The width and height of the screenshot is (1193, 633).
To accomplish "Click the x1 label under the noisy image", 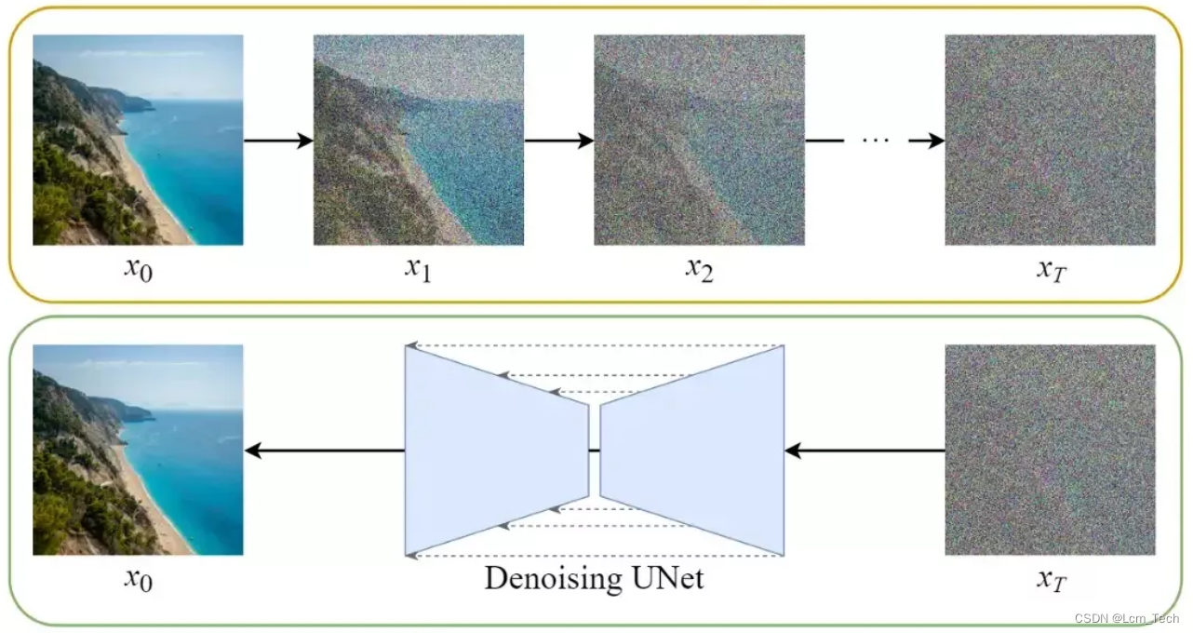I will tap(418, 269).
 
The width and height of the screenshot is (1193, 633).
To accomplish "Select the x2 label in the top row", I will tap(699, 269).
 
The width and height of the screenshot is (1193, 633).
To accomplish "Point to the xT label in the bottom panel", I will tap(1051, 580).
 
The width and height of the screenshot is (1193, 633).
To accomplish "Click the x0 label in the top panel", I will tap(138, 269).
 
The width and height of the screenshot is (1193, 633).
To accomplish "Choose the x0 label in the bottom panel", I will tap(138, 580).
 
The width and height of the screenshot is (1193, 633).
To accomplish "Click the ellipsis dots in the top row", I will tap(875, 141).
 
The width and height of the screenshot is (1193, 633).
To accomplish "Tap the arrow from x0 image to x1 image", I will tap(277, 141).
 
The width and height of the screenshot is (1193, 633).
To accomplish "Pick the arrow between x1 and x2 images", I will tap(558, 141).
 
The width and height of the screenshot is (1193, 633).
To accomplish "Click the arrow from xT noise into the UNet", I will tap(865, 451).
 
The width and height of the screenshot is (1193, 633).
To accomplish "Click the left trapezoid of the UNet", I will tap(496, 451).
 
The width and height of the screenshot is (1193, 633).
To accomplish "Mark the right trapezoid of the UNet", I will tap(692, 451).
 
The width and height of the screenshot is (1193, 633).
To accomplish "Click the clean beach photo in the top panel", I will tap(138, 140).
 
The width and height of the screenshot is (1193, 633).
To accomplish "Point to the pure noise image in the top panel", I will tap(1050, 140).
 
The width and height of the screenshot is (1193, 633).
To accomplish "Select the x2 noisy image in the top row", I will tap(699, 140).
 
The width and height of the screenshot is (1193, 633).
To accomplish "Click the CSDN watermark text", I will tap(1126, 619).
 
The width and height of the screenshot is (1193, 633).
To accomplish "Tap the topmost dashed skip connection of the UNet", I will tap(596, 346).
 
